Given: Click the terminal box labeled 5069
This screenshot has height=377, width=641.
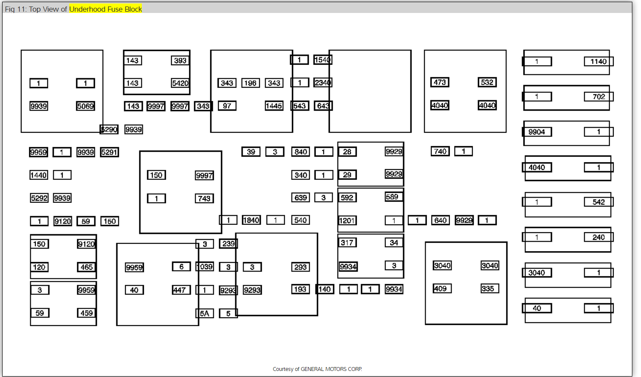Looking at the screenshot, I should [85, 106].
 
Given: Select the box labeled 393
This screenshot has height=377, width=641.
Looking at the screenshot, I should [180, 61].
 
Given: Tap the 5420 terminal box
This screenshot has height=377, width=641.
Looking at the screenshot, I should [180, 83].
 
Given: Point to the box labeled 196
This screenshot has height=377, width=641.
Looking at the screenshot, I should [250, 83].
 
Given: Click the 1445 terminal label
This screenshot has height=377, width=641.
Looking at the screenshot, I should [274, 106].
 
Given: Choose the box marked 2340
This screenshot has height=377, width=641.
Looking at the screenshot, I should [323, 83].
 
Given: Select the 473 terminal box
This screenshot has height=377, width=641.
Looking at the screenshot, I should [439, 82].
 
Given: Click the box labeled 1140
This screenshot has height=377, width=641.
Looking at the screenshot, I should [599, 61].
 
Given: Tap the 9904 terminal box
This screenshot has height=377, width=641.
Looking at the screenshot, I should [537, 132].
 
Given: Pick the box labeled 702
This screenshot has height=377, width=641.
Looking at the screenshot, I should [599, 97].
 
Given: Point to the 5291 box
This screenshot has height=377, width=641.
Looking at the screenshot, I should [109, 152].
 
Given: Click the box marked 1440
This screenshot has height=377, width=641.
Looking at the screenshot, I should [38, 175].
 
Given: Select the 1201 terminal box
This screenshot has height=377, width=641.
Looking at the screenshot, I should [347, 220].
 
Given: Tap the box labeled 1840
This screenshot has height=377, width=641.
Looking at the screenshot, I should [251, 220].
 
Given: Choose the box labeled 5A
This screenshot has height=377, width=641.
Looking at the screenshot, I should [205, 313].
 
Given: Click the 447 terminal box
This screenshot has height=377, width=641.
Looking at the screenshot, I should [179, 290].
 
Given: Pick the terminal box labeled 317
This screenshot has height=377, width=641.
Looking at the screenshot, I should [347, 243].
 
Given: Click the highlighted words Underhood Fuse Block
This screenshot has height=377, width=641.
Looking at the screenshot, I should [106, 9].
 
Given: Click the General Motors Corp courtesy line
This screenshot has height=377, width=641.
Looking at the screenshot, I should [317, 369].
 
